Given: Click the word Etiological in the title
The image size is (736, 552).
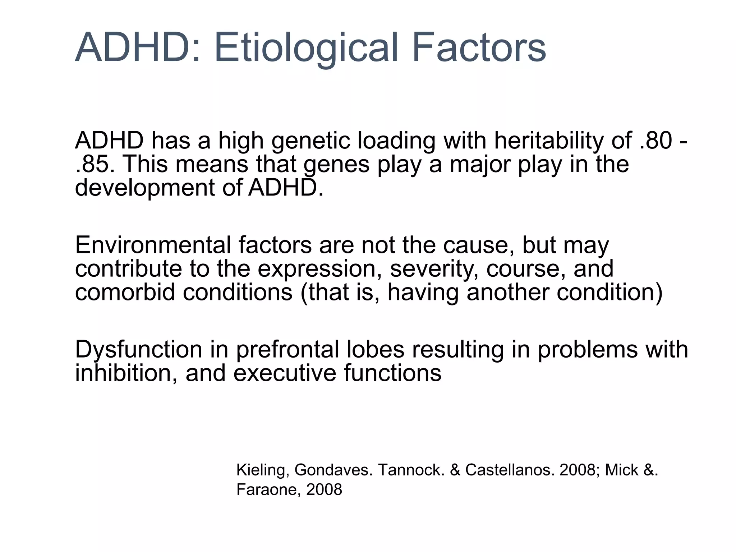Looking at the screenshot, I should (x=306, y=48).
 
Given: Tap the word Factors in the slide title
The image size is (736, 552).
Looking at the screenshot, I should (x=479, y=48).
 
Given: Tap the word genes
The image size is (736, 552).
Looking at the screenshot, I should (x=336, y=165).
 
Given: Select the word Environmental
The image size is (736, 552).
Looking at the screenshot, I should (x=153, y=245).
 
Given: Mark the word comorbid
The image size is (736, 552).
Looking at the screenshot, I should (x=125, y=292).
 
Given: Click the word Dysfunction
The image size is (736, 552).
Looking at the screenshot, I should (x=139, y=349).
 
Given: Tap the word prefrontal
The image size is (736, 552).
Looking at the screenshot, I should (x=287, y=349).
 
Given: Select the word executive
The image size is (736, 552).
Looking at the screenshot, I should (x=285, y=373).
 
